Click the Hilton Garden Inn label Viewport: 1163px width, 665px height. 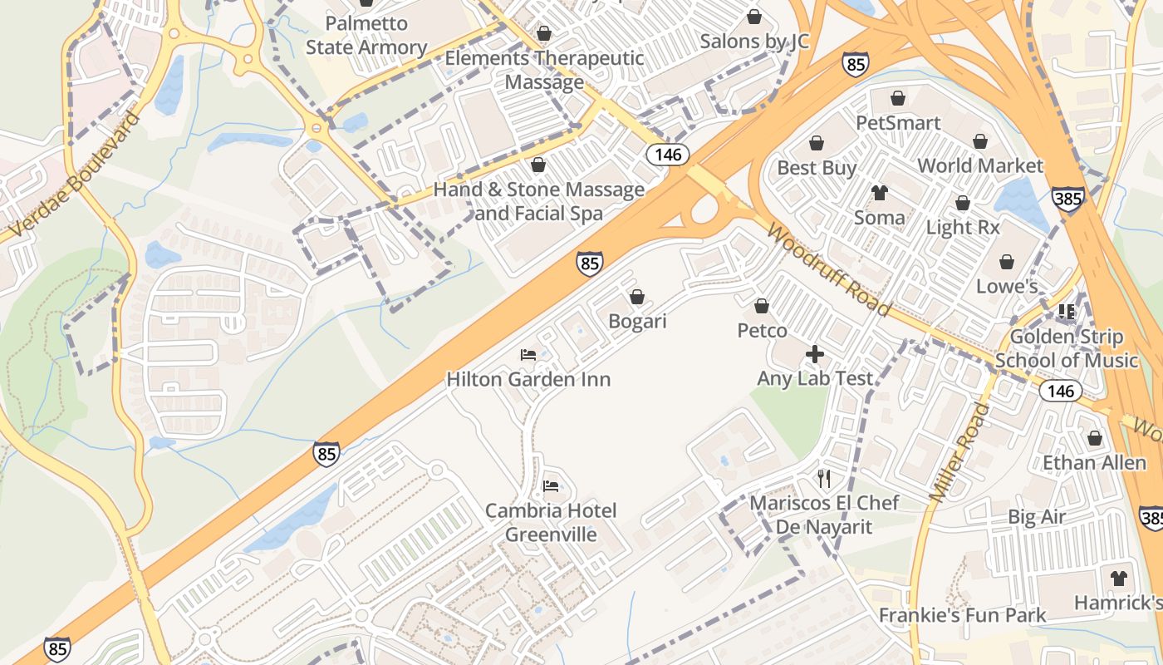point(528,379)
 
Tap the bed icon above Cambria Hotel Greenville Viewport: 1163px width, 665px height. point(551,485)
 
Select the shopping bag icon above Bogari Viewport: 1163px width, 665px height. point(637,297)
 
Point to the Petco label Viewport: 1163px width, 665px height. point(762,331)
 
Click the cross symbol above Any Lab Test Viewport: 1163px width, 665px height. point(815,355)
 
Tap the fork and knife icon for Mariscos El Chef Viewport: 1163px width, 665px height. point(824,479)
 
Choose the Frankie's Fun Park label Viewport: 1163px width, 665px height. point(962,615)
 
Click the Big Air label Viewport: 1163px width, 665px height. point(1036,517)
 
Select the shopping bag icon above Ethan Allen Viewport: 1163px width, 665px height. point(1094,438)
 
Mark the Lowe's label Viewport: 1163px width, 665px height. point(1007,287)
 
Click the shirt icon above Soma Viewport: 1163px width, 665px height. point(880,194)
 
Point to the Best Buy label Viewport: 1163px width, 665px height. point(817,168)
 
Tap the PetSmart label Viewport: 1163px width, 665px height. point(898,123)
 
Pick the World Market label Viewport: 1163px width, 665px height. point(980,165)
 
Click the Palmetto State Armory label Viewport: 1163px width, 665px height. point(366,35)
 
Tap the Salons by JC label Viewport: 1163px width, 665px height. point(754,41)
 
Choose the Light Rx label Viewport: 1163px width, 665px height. point(963,227)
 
